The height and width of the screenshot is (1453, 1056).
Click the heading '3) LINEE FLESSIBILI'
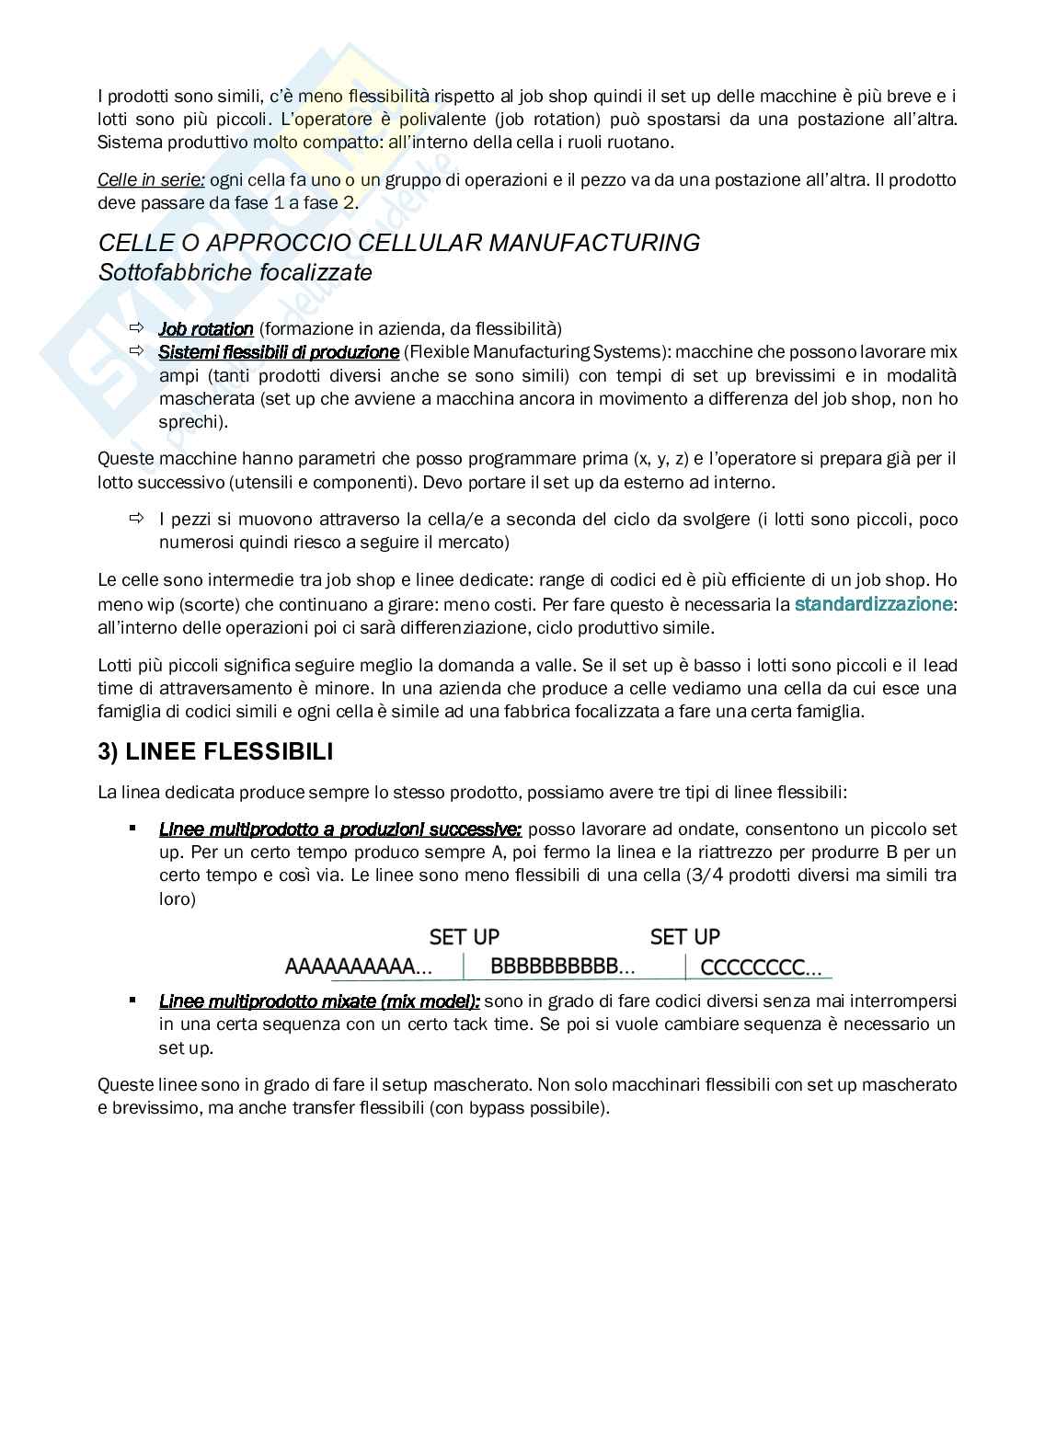pos(215,752)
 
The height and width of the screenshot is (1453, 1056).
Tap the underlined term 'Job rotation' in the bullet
pos(206,329)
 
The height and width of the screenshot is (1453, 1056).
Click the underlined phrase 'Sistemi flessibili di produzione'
pos(279,352)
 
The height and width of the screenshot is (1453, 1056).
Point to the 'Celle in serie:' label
pos(151,180)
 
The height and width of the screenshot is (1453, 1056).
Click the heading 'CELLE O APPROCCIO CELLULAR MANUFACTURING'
pos(398,243)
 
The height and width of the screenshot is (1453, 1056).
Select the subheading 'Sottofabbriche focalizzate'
pos(235,273)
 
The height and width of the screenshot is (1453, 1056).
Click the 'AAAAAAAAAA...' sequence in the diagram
pos(359,967)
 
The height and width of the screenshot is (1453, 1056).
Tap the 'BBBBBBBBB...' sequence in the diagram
pos(562,967)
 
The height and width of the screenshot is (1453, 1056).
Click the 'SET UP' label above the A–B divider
pos(464,937)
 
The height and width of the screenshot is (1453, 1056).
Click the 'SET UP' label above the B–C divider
pos(684,937)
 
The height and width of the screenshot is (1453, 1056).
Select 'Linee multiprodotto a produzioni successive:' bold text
pos(340,829)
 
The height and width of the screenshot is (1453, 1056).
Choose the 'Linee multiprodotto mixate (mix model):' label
pos(319,1001)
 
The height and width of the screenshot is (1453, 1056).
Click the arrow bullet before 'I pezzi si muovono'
pos(137,520)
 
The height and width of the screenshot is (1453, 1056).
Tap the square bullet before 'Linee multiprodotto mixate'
pos(133,1000)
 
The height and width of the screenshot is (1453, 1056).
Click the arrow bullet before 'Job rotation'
pos(137,328)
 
